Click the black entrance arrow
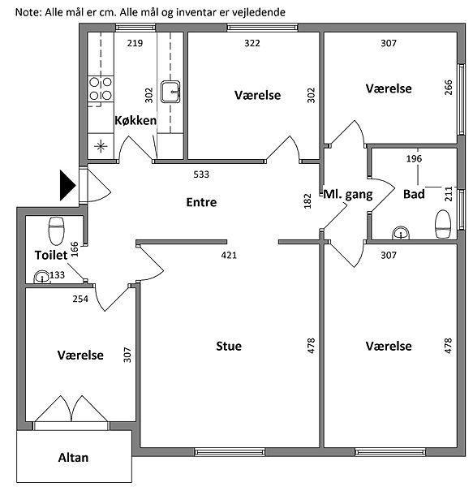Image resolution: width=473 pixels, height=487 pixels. click(x=67, y=186)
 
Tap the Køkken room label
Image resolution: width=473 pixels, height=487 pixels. click(x=135, y=120)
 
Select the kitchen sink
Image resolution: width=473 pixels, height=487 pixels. click(x=170, y=92)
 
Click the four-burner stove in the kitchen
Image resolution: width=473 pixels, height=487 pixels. click(x=101, y=88)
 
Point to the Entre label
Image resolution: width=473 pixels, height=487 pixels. click(x=201, y=202)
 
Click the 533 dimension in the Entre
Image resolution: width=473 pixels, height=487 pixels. click(x=201, y=175)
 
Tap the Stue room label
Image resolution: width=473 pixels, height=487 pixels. click(x=229, y=346)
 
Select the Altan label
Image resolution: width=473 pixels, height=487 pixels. click(x=73, y=458)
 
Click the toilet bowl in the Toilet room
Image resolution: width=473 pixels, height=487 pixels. click(x=56, y=231)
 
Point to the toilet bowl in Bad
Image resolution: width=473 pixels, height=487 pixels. click(x=443, y=224)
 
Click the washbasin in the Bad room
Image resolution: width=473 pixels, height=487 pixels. click(x=402, y=233)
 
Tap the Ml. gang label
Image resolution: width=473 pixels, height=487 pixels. click(x=348, y=195)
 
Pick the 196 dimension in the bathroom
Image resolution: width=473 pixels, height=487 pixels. click(x=414, y=159)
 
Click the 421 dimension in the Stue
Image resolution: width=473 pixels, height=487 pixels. click(x=229, y=256)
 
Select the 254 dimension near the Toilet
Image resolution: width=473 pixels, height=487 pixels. click(x=80, y=299)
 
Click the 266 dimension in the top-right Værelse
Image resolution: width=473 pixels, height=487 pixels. click(x=448, y=88)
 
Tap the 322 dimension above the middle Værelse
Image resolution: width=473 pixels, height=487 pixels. click(x=252, y=43)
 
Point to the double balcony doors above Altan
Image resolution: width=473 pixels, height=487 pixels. click(x=71, y=409)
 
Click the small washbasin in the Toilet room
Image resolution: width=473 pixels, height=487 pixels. click(x=42, y=277)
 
